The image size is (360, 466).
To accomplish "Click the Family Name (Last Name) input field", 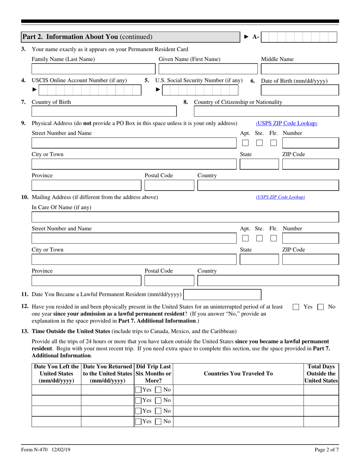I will (x=93, y=69).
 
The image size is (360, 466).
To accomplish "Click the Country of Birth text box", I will (x=104, y=111).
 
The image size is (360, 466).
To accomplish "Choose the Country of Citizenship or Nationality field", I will (x=266, y=111).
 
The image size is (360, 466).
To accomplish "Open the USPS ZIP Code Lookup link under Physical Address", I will (x=286, y=123).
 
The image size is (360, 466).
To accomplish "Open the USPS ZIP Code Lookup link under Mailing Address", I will (x=280, y=197).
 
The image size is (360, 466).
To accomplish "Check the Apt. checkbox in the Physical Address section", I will (x=245, y=143).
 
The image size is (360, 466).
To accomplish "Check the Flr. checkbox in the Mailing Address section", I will (x=274, y=239).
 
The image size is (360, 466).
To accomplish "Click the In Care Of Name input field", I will (x=185, y=217).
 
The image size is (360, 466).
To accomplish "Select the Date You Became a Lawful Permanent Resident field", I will (x=222, y=295).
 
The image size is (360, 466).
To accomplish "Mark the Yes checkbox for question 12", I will (x=296, y=307).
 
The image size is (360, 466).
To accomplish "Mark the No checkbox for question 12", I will (x=320, y=307).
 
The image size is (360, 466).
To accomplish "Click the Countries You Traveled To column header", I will (x=238, y=374).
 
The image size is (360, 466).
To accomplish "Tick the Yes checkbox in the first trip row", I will (x=139, y=390).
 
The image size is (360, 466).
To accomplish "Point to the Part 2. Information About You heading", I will (x=87, y=37).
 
